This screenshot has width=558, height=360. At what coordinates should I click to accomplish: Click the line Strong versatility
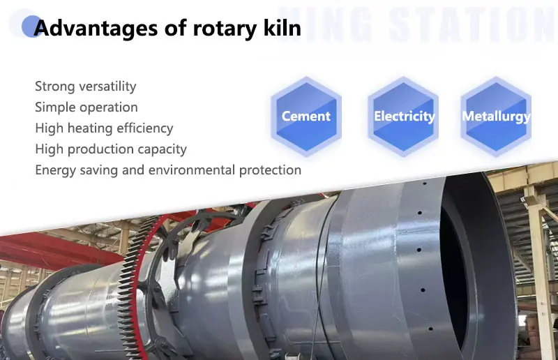pyautogui.click(x=85, y=87)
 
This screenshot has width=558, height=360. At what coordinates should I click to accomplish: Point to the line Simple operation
pyautogui.click(x=86, y=107)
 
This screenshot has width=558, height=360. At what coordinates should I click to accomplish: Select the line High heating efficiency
pyautogui.click(x=104, y=128)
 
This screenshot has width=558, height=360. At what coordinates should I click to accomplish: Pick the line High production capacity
pyautogui.click(x=110, y=149)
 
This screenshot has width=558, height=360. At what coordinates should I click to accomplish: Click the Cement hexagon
pyautogui.click(x=306, y=117)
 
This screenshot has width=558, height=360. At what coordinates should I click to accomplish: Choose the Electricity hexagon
pyautogui.click(x=404, y=117)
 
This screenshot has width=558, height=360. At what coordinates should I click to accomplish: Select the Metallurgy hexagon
pyautogui.click(x=496, y=117)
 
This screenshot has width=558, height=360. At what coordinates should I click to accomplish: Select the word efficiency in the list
pyautogui.click(x=146, y=128)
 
